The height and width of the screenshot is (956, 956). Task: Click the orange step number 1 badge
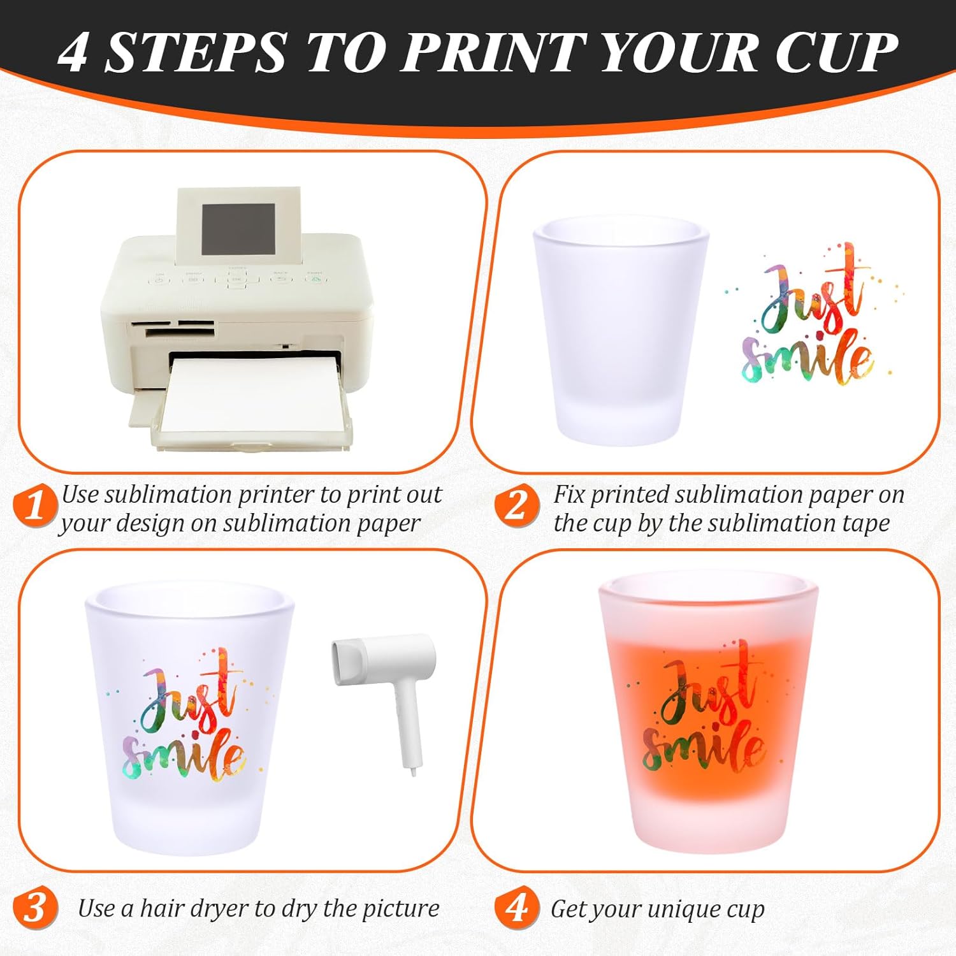point(35,505)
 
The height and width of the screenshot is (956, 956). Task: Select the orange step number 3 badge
point(35,907)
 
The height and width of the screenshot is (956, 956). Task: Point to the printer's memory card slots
point(172,328)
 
